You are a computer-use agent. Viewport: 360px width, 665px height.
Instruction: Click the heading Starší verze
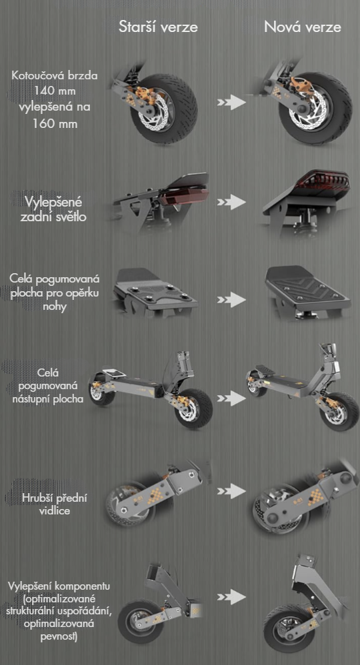(158, 27)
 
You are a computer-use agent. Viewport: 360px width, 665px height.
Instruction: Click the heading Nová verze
(302, 27)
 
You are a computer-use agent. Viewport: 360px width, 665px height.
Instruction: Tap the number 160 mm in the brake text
(55, 123)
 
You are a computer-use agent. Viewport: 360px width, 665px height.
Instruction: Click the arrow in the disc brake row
(231, 102)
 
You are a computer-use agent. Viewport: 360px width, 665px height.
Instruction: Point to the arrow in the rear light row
(231, 202)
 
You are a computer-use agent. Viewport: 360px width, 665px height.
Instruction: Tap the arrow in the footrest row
(231, 299)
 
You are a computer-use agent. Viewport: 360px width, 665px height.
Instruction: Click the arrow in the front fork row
(231, 491)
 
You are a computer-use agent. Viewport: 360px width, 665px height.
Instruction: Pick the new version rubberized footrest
(308, 288)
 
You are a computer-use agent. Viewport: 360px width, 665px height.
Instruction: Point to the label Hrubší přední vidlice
(58, 504)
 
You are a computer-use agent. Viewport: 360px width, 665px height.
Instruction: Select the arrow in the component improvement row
(231, 597)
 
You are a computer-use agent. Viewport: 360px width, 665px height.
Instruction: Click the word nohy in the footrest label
(55, 307)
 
